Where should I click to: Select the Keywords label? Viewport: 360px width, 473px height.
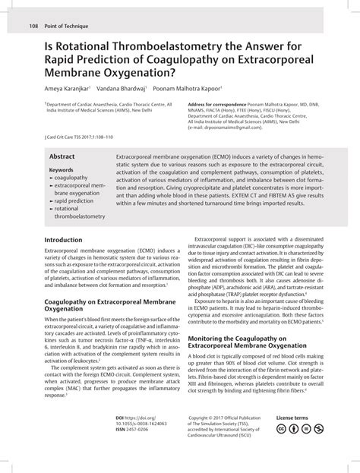tap(61, 170)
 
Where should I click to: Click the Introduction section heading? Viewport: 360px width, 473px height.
tap(63, 239)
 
